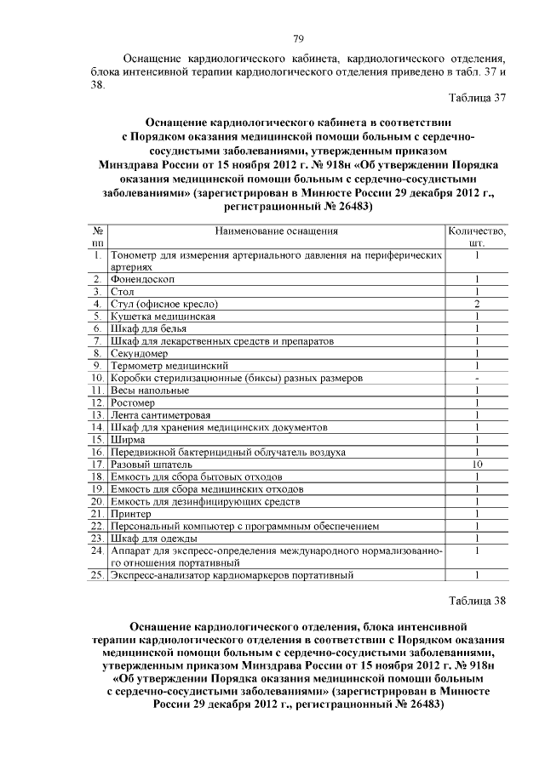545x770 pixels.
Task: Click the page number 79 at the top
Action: click(x=298, y=39)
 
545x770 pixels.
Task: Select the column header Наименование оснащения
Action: click(x=277, y=231)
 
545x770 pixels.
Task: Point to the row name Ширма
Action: click(x=128, y=440)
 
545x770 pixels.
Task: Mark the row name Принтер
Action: click(x=131, y=514)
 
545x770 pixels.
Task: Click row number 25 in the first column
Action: click(x=98, y=576)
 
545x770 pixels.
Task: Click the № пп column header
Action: click(x=99, y=237)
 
